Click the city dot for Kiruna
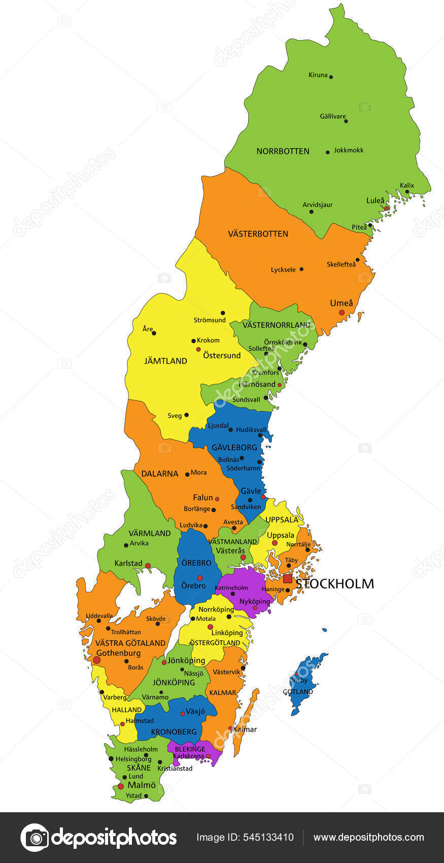[x=331, y=77]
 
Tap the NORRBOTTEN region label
[x=283, y=151]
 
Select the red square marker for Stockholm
[x=288, y=579]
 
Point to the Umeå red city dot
[x=342, y=313]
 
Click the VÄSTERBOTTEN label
[x=258, y=234]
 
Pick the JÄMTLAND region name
[x=165, y=361]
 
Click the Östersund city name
[x=222, y=355]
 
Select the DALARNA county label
[x=160, y=474]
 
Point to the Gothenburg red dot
[x=96, y=659]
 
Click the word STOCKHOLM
[x=335, y=584]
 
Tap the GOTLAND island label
[x=298, y=692]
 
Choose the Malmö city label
[x=142, y=785]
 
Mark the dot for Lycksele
[x=301, y=269]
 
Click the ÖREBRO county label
[x=196, y=563]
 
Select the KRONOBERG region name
[x=174, y=732]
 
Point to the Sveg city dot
[x=186, y=415]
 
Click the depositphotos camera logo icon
[x=35, y=838]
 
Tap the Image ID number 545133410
[x=274, y=838]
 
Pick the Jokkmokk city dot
[x=328, y=152]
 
